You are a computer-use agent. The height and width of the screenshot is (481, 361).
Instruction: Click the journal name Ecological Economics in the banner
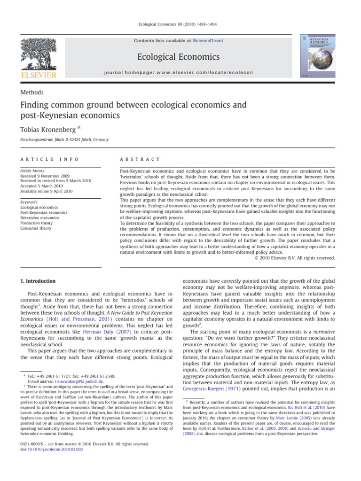click(x=180, y=57)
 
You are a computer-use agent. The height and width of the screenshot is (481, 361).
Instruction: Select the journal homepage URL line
click(x=180, y=73)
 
